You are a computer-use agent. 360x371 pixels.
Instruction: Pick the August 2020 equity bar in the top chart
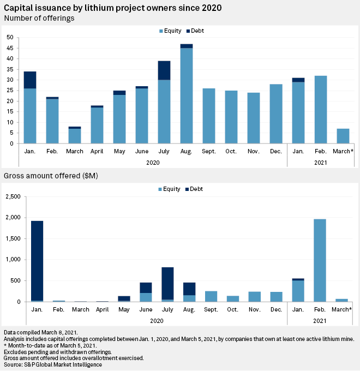pos(187,95)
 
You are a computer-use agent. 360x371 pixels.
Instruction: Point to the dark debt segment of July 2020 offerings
pos(165,70)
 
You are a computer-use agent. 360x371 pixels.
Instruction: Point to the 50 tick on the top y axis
pos(10,37)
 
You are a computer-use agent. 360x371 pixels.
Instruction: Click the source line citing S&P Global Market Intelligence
pos(53,364)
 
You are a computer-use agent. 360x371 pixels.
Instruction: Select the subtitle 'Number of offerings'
pos(39,18)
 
